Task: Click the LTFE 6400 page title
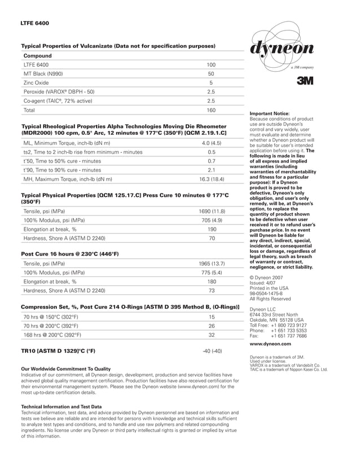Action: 34,24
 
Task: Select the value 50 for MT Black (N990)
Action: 211,74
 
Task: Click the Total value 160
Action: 211,110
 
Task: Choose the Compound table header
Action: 37,56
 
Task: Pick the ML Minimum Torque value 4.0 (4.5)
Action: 212,143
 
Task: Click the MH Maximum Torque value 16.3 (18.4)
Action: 212,179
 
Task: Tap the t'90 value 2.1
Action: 212,170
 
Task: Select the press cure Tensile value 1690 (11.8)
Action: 212,211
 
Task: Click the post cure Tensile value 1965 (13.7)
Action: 212,263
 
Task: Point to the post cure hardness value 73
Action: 212,291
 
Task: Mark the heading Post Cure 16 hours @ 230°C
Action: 69,254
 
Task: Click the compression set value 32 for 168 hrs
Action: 212,335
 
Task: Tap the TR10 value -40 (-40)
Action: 212,351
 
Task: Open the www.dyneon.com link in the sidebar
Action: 270,344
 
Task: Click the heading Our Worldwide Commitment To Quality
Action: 65,369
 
